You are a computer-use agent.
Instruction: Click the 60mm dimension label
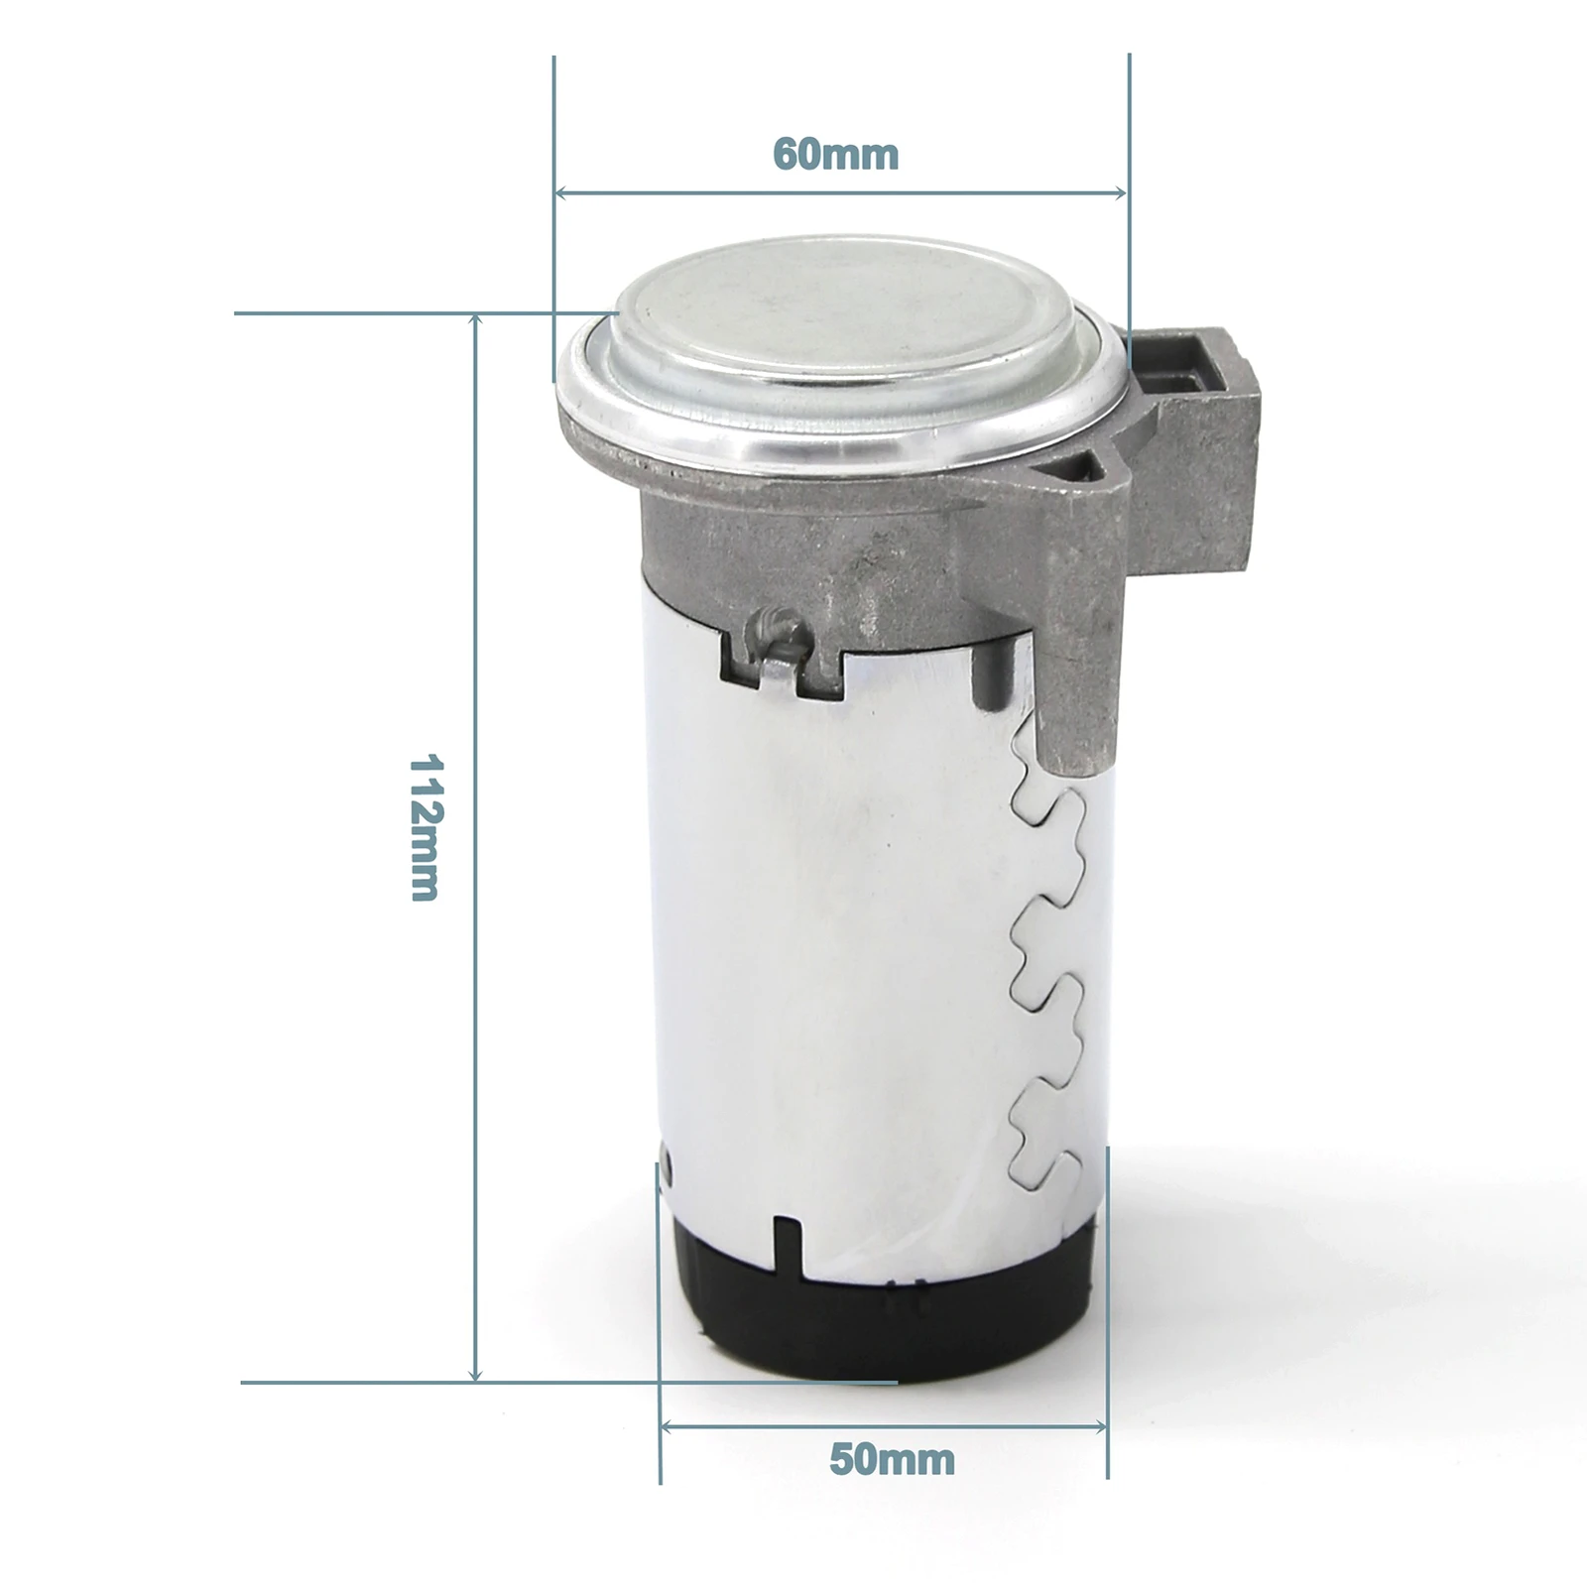pyautogui.click(x=835, y=155)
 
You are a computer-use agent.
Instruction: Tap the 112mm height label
pyautogui.click(x=426, y=827)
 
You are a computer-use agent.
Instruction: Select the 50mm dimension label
pyautogui.click(x=892, y=1459)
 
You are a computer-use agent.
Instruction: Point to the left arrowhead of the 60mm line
pyautogui.click(x=562, y=192)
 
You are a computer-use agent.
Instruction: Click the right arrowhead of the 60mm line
pyautogui.click(x=1121, y=192)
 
